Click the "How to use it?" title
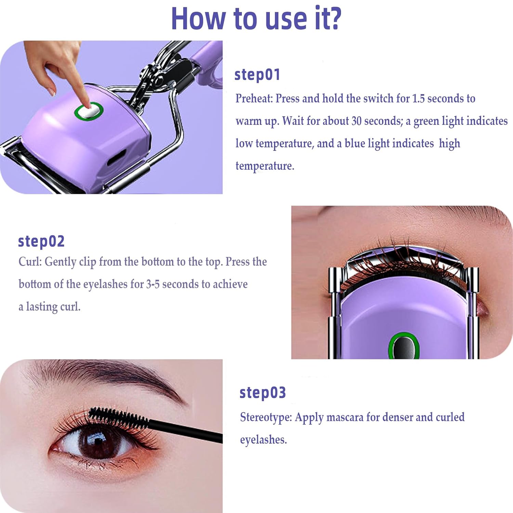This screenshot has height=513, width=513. [256, 18]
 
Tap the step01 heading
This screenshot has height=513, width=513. [257, 75]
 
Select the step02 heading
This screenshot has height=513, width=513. [41, 241]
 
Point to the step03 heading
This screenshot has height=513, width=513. [262, 393]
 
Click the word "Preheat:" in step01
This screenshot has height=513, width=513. [254, 98]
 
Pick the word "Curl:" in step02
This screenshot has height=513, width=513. [30, 262]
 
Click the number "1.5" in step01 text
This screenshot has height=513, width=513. [418, 98]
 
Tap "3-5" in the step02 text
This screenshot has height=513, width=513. [153, 284]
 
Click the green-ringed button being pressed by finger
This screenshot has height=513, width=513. [89, 111]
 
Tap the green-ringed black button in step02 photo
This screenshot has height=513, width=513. [404, 346]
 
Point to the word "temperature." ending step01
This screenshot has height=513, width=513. [265, 166]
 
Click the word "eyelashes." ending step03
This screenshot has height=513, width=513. [263, 440]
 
